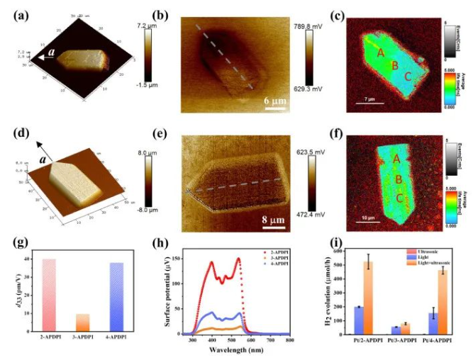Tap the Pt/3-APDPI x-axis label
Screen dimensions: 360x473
[401, 343]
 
